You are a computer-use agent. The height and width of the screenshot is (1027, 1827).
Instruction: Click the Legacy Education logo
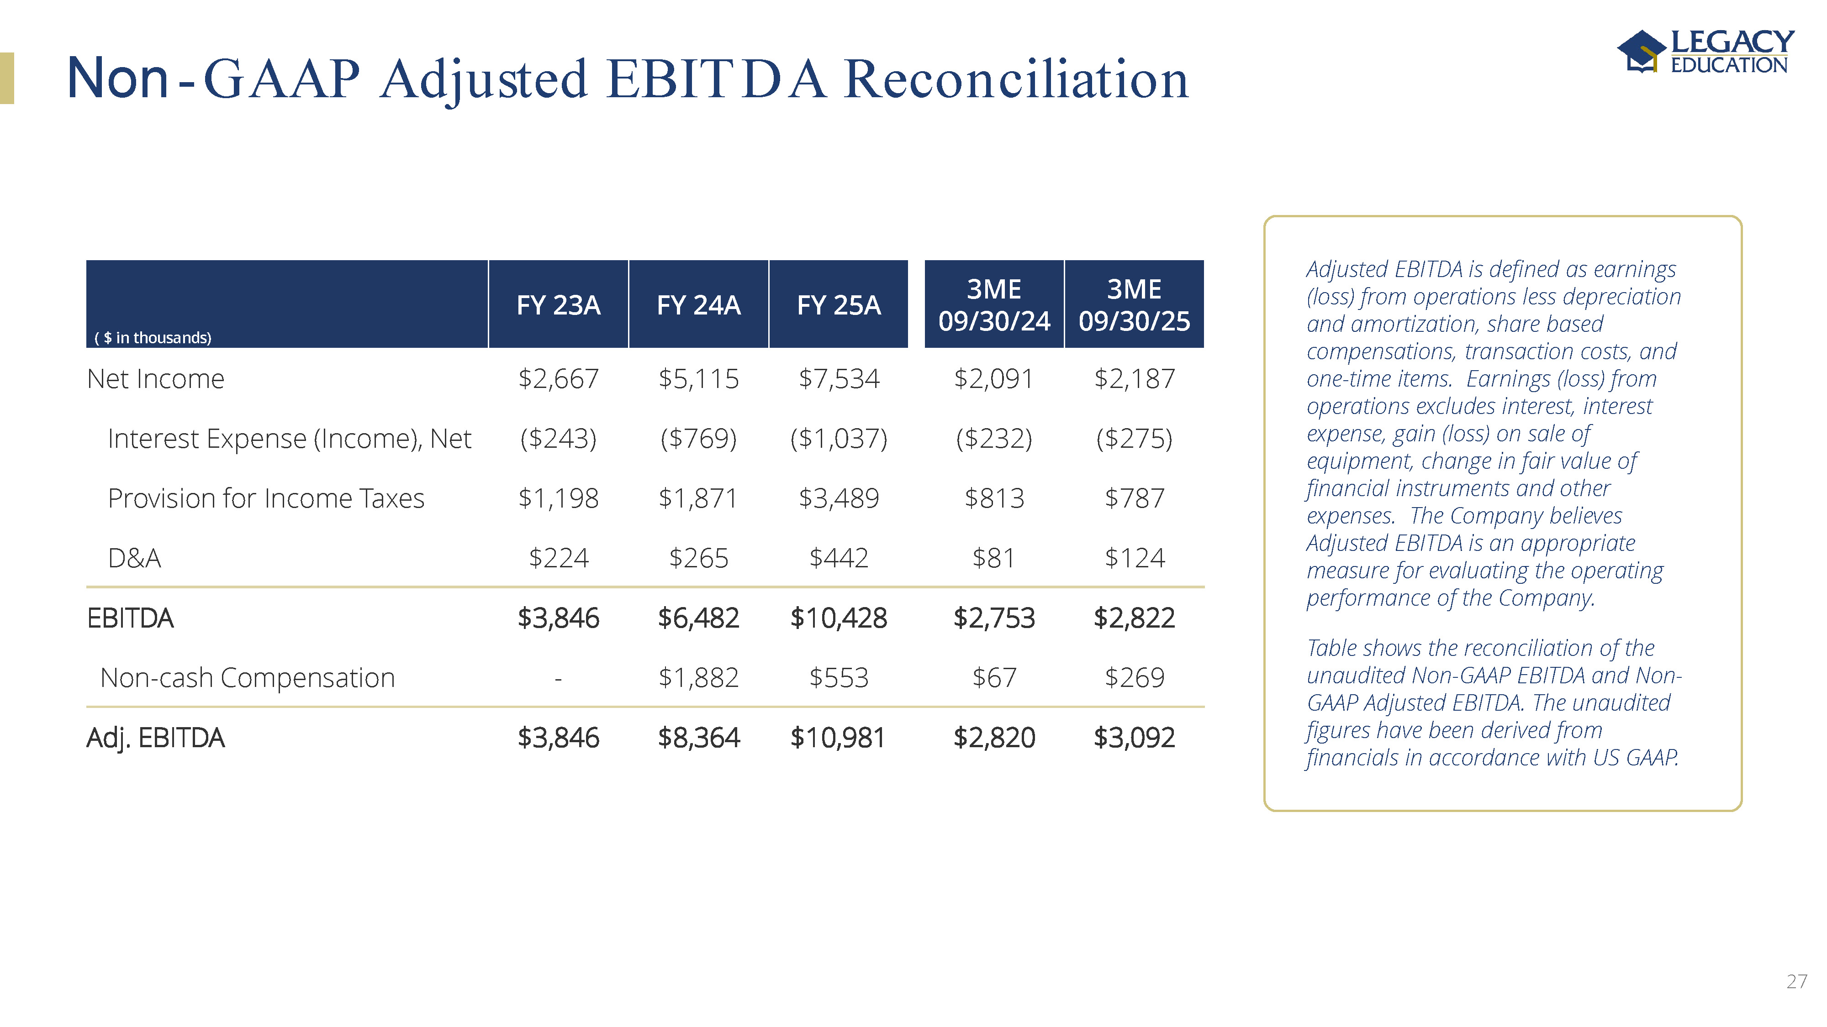(1705, 51)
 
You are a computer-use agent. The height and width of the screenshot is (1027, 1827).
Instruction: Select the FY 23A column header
(558, 305)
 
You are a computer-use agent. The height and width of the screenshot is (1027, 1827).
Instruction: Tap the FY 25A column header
(838, 305)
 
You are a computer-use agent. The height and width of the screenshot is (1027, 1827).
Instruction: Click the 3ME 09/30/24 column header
(993, 305)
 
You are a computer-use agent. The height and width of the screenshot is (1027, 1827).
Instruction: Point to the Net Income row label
(155, 379)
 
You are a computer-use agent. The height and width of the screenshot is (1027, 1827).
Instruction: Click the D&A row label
(134, 559)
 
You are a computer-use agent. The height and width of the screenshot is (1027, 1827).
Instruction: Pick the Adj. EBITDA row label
(155, 738)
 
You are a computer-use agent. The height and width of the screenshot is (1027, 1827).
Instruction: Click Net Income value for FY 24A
(699, 379)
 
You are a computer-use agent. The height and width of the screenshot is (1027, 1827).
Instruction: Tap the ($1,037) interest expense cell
(838, 439)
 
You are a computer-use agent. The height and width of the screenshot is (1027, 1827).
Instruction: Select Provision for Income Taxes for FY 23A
(558, 499)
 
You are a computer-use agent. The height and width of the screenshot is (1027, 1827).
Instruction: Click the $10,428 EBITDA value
(838, 618)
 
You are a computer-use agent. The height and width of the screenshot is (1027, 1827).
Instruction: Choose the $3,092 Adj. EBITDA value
(1134, 738)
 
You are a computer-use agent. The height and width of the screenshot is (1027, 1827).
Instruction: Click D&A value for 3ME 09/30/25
(1134, 559)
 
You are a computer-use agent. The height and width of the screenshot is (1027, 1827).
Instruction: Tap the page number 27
(1796, 982)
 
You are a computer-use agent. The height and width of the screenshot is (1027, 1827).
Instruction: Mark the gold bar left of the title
(7, 79)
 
